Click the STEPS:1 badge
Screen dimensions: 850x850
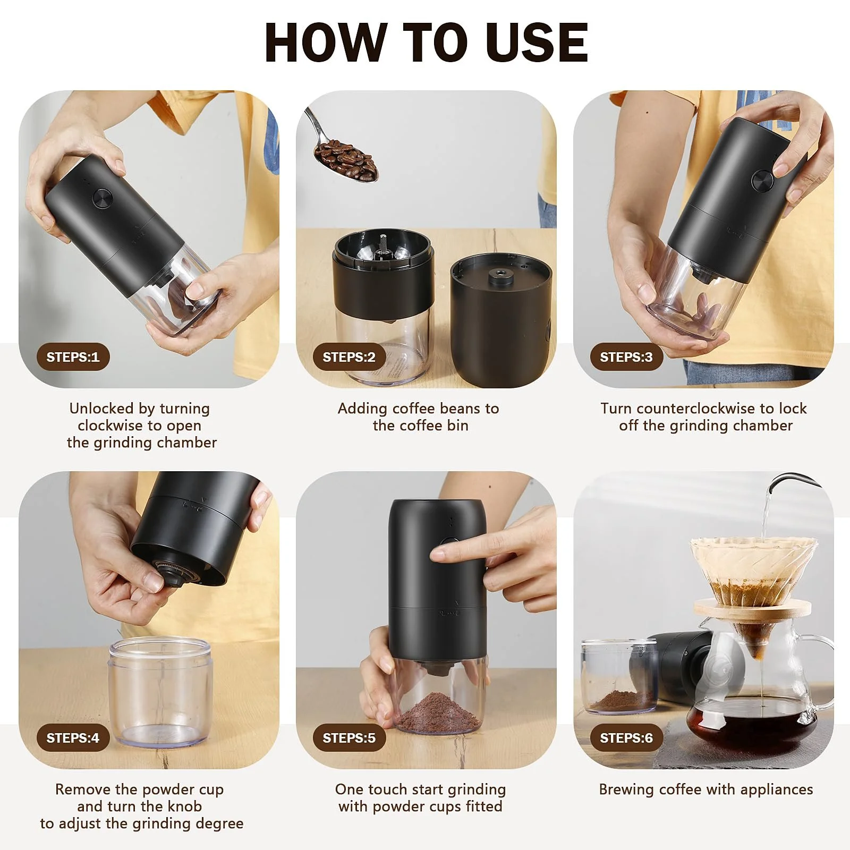click(73, 357)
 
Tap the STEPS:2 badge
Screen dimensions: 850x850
click(349, 357)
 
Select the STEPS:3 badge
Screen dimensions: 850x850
click(626, 357)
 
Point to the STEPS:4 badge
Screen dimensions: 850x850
click(73, 738)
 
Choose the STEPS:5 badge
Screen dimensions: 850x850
click(349, 738)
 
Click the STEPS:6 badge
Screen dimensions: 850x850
click(626, 738)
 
